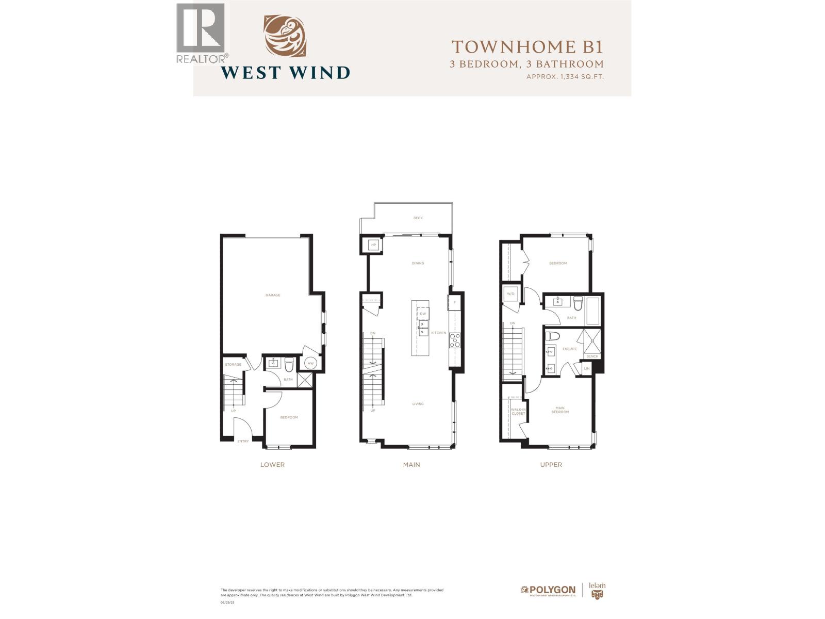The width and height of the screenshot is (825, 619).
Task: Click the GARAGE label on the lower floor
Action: [x=273, y=295]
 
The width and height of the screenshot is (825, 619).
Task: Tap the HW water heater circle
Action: [x=310, y=364]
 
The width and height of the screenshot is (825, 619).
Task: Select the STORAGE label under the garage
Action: [x=233, y=365]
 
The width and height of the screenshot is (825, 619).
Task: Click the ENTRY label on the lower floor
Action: [x=243, y=441]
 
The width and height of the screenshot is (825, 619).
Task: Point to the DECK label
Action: [x=418, y=218]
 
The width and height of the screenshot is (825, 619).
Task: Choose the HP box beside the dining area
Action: [x=373, y=245]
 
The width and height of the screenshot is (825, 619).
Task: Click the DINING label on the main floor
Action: [x=418, y=263]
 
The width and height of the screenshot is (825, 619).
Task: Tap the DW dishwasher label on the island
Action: [x=423, y=314]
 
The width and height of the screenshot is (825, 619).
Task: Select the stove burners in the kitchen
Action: [x=455, y=339]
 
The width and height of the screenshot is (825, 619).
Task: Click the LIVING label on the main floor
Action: [x=418, y=404]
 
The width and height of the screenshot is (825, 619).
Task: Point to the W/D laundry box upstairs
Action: [x=511, y=294]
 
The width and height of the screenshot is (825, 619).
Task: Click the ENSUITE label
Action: [x=570, y=349]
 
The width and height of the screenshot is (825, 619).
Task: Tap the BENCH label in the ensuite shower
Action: [x=592, y=356]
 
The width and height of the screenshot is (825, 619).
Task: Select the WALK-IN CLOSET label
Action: [x=518, y=411]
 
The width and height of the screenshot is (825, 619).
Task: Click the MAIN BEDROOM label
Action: [x=560, y=410]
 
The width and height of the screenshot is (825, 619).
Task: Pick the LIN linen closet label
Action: [x=587, y=369]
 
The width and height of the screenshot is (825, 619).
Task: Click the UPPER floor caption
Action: [x=551, y=465]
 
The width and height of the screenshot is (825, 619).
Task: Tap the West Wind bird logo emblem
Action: [x=285, y=35]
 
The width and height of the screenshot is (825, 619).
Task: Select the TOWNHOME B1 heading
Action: [x=527, y=47]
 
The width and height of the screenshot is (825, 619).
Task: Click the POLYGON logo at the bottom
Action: [x=548, y=590]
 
